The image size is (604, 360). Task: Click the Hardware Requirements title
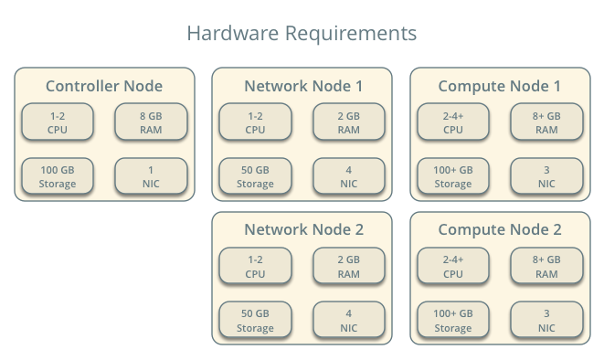302,34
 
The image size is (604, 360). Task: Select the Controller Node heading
104,86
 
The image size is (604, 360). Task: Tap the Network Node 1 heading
303,86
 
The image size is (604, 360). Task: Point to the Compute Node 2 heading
500,230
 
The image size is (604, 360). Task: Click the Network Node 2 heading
304,229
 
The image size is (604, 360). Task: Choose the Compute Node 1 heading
500,86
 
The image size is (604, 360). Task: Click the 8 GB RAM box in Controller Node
151,122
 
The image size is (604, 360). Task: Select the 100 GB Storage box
58,176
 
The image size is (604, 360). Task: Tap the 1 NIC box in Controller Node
151,176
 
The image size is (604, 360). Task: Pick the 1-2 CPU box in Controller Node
58,122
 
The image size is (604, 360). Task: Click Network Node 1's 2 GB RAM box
349,122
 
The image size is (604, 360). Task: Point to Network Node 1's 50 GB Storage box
255,176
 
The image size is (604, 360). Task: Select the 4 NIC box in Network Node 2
349,320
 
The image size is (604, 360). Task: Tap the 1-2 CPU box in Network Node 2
255,266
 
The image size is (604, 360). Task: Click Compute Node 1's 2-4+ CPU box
453,122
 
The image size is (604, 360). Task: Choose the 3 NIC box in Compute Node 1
546,176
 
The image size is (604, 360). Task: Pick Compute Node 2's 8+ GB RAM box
546,266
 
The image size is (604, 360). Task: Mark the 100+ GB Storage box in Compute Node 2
453,320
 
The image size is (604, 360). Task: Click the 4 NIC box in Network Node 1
349,176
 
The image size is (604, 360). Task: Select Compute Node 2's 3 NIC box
546,320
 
